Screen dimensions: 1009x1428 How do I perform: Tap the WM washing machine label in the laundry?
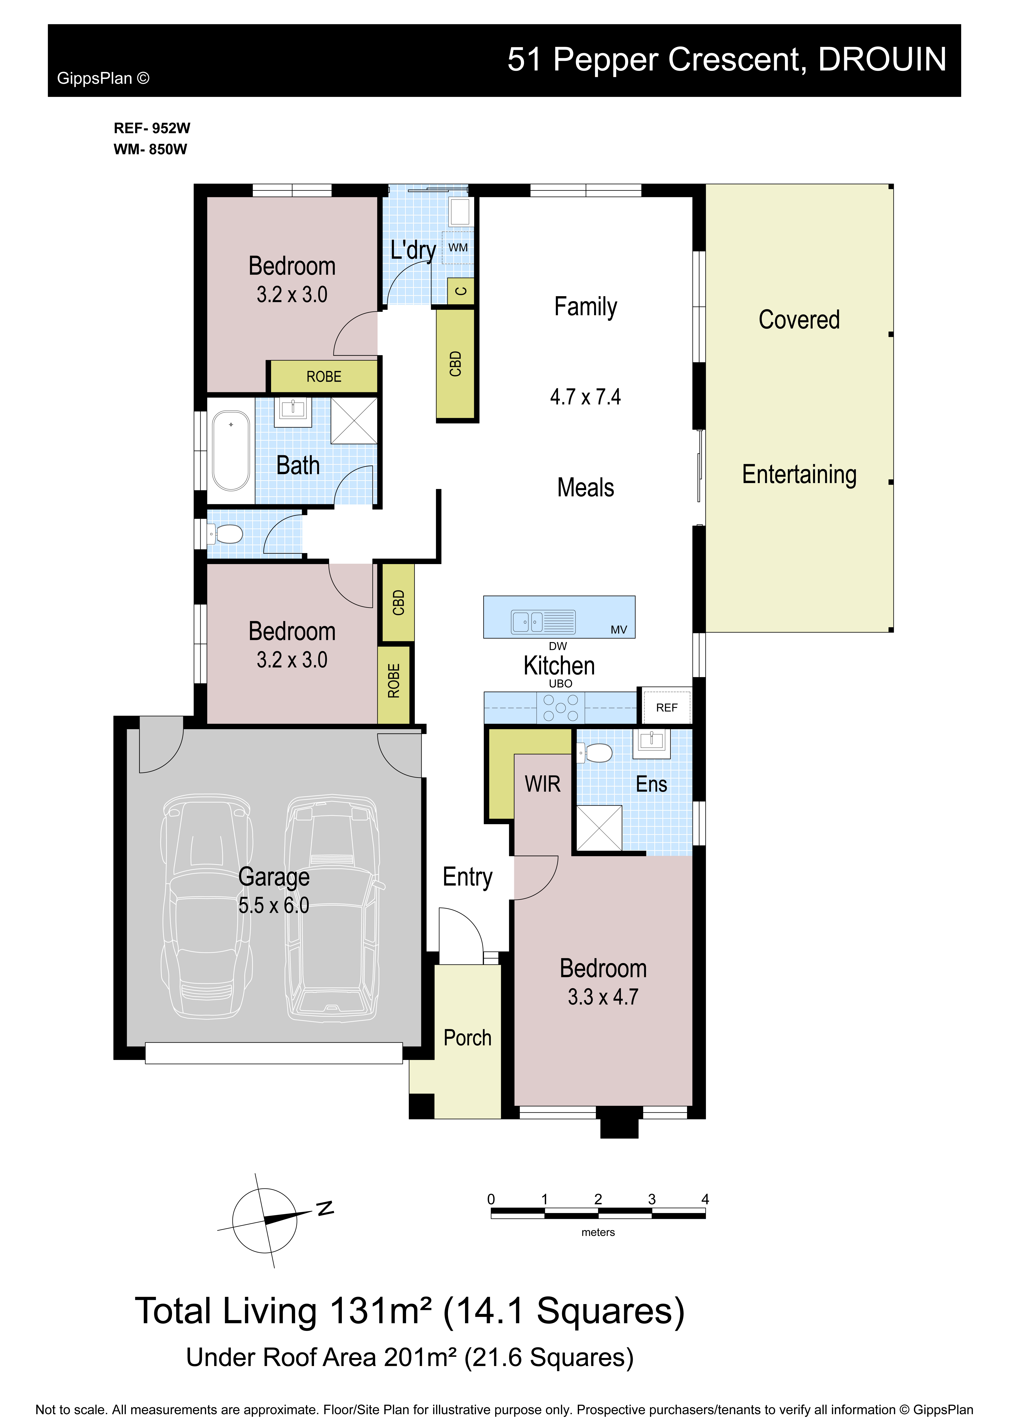458,248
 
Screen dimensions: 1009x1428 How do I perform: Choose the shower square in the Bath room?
354,420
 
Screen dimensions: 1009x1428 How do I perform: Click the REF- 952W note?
152,128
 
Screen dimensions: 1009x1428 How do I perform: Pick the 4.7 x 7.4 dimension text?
586,397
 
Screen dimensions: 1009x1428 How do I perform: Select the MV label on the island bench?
619,629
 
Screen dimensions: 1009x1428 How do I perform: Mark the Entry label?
467,877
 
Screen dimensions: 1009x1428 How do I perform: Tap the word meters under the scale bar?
598,1232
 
